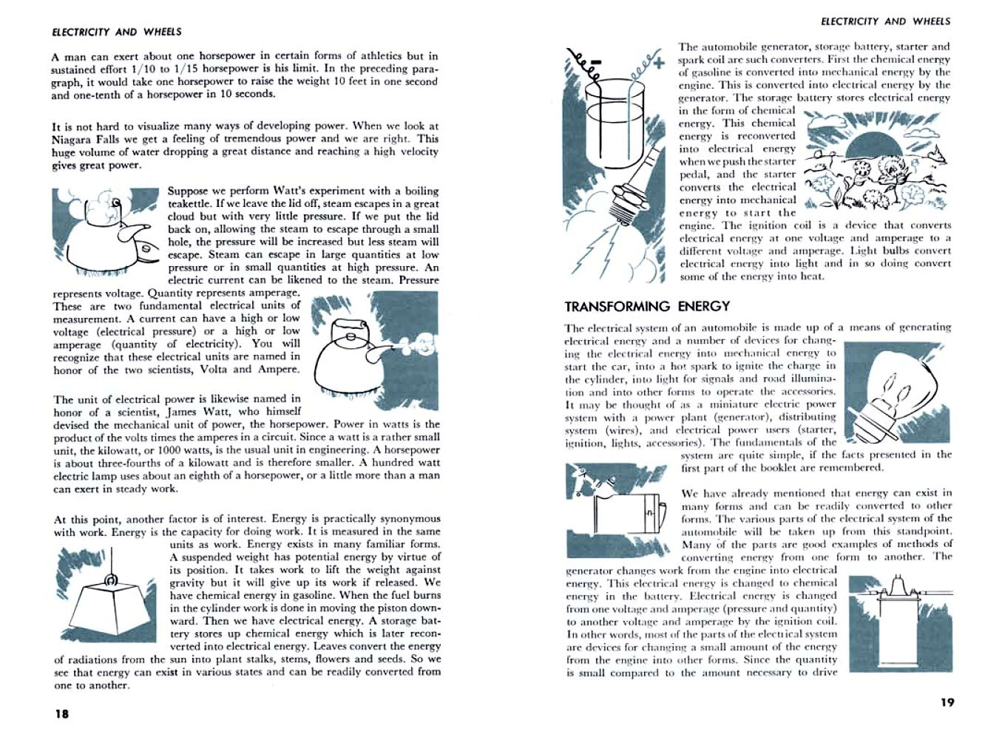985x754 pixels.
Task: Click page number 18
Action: tap(61, 714)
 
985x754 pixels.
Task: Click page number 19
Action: tap(947, 702)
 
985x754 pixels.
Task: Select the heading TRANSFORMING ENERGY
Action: tap(647, 306)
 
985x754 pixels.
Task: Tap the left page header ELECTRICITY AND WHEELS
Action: tap(117, 32)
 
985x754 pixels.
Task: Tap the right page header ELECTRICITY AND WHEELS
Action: tap(886, 21)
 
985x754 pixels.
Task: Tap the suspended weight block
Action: tap(111, 614)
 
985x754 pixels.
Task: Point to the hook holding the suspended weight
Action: tap(109, 580)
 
